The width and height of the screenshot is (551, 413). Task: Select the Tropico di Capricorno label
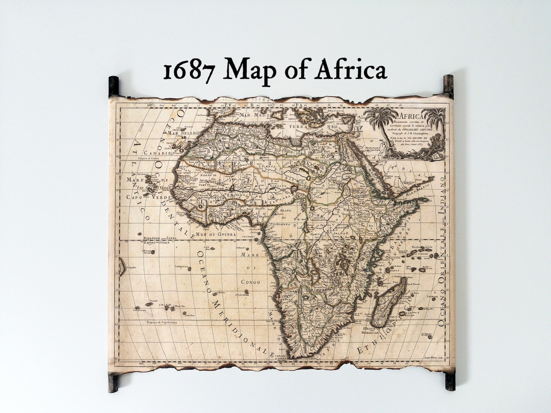[x=162, y=322]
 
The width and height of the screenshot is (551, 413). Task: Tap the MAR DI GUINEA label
[x=215, y=234]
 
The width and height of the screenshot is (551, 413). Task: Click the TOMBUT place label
[x=205, y=185]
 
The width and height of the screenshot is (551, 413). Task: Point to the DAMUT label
[x=315, y=234]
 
